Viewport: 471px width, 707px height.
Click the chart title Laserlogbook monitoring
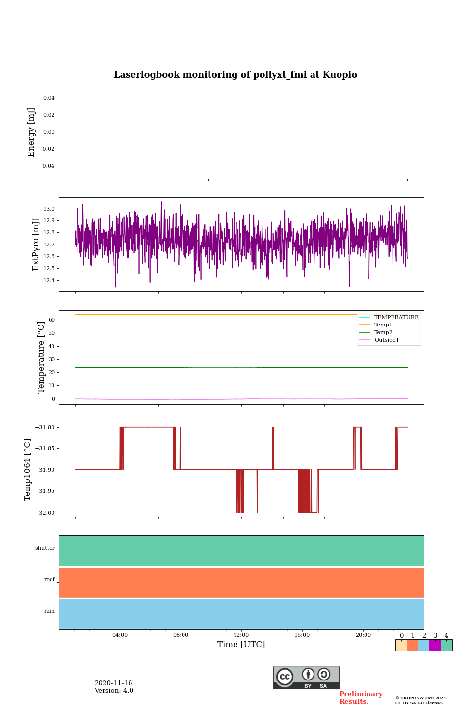pyautogui.click(x=235, y=75)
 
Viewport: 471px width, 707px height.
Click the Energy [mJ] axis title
pyautogui.click(x=32, y=132)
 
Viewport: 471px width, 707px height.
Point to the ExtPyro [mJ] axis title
pyautogui.click(x=36, y=245)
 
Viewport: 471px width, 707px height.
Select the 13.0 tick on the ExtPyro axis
pyautogui.click(x=49, y=209)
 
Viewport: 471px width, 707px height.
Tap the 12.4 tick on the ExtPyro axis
pyautogui.click(x=49, y=280)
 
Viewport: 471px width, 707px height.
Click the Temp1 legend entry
pyautogui.click(x=383, y=325)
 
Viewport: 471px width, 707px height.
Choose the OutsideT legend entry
pyautogui.click(x=387, y=340)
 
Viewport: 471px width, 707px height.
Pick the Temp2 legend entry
pyautogui.click(x=383, y=332)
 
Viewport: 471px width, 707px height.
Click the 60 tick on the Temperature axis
pyautogui.click(x=52, y=320)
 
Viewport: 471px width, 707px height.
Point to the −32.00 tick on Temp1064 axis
pyautogui.click(x=45, y=513)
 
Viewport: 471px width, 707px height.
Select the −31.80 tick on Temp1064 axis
pyautogui.click(x=45, y=427)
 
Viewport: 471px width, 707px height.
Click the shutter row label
pyautogui.click(x=45, y=548)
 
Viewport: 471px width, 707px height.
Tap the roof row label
pyautogui.click(x=50, y=580)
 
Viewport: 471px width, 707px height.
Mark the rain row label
pyautogui.click(x=50, y=611)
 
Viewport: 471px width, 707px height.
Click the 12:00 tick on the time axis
pyautogui.click(x=241, y=635)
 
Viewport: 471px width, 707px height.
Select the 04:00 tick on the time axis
pyautogui.click(x=120, y=635)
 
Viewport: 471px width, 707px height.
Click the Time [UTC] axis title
pyautogui.click(x=241, y=645)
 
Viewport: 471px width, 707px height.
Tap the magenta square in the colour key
pyautogui.click(x=435, y=645)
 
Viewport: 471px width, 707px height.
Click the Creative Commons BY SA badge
pyautogui.click(x=306, y=678)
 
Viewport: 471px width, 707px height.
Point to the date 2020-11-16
pyautogui.click(x=113, y=683)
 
